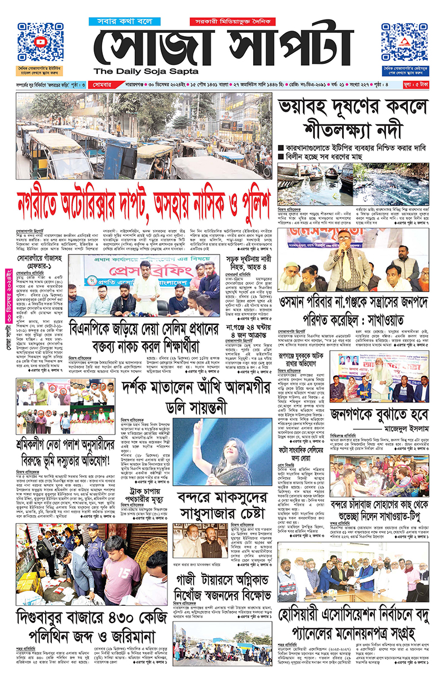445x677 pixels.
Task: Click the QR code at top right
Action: pyautogui.click(x=404, y=43)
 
